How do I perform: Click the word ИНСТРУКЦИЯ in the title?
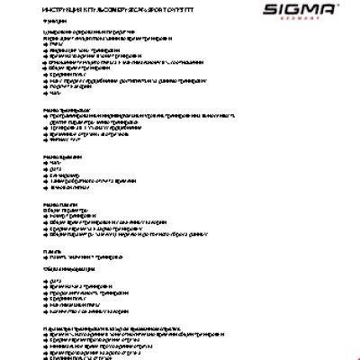pyautogui.click(x=60, y=10)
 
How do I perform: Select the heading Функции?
pyautogui.click(x=53, y=22)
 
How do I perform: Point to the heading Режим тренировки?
pyautogui.click(x=63, y=110)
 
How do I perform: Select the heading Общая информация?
pyautogui.click(x=67, y=267)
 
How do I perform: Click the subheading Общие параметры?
pyautogui.click(x=64, y=211)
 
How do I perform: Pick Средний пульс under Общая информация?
pyautogui.click(x=68, y=301)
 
